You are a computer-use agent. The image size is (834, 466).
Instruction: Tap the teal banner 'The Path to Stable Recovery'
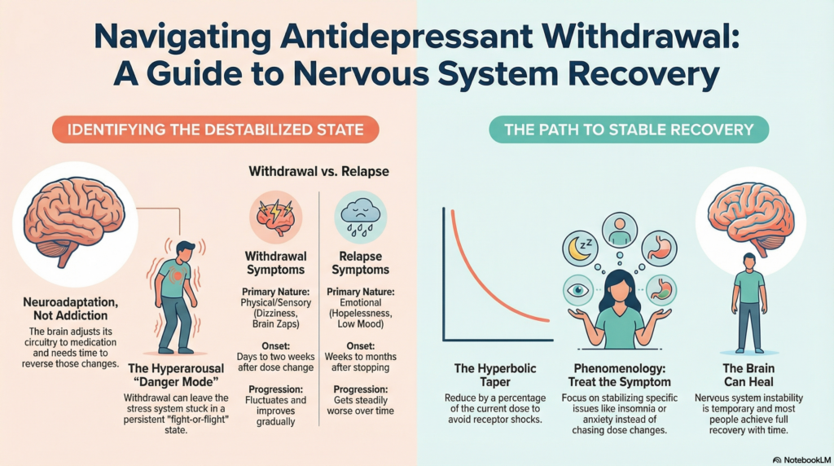point(630,130)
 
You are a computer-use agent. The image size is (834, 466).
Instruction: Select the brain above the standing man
point(749,211)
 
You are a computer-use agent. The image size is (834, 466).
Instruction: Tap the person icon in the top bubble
point(620,229)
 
